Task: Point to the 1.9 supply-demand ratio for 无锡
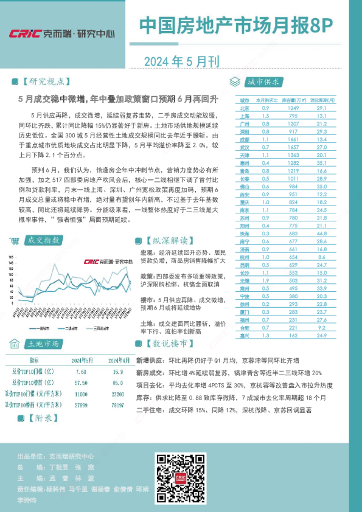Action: tap(265, 280)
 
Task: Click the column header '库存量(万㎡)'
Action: tap(295, 99)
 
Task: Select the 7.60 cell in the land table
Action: tap(80, 370)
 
